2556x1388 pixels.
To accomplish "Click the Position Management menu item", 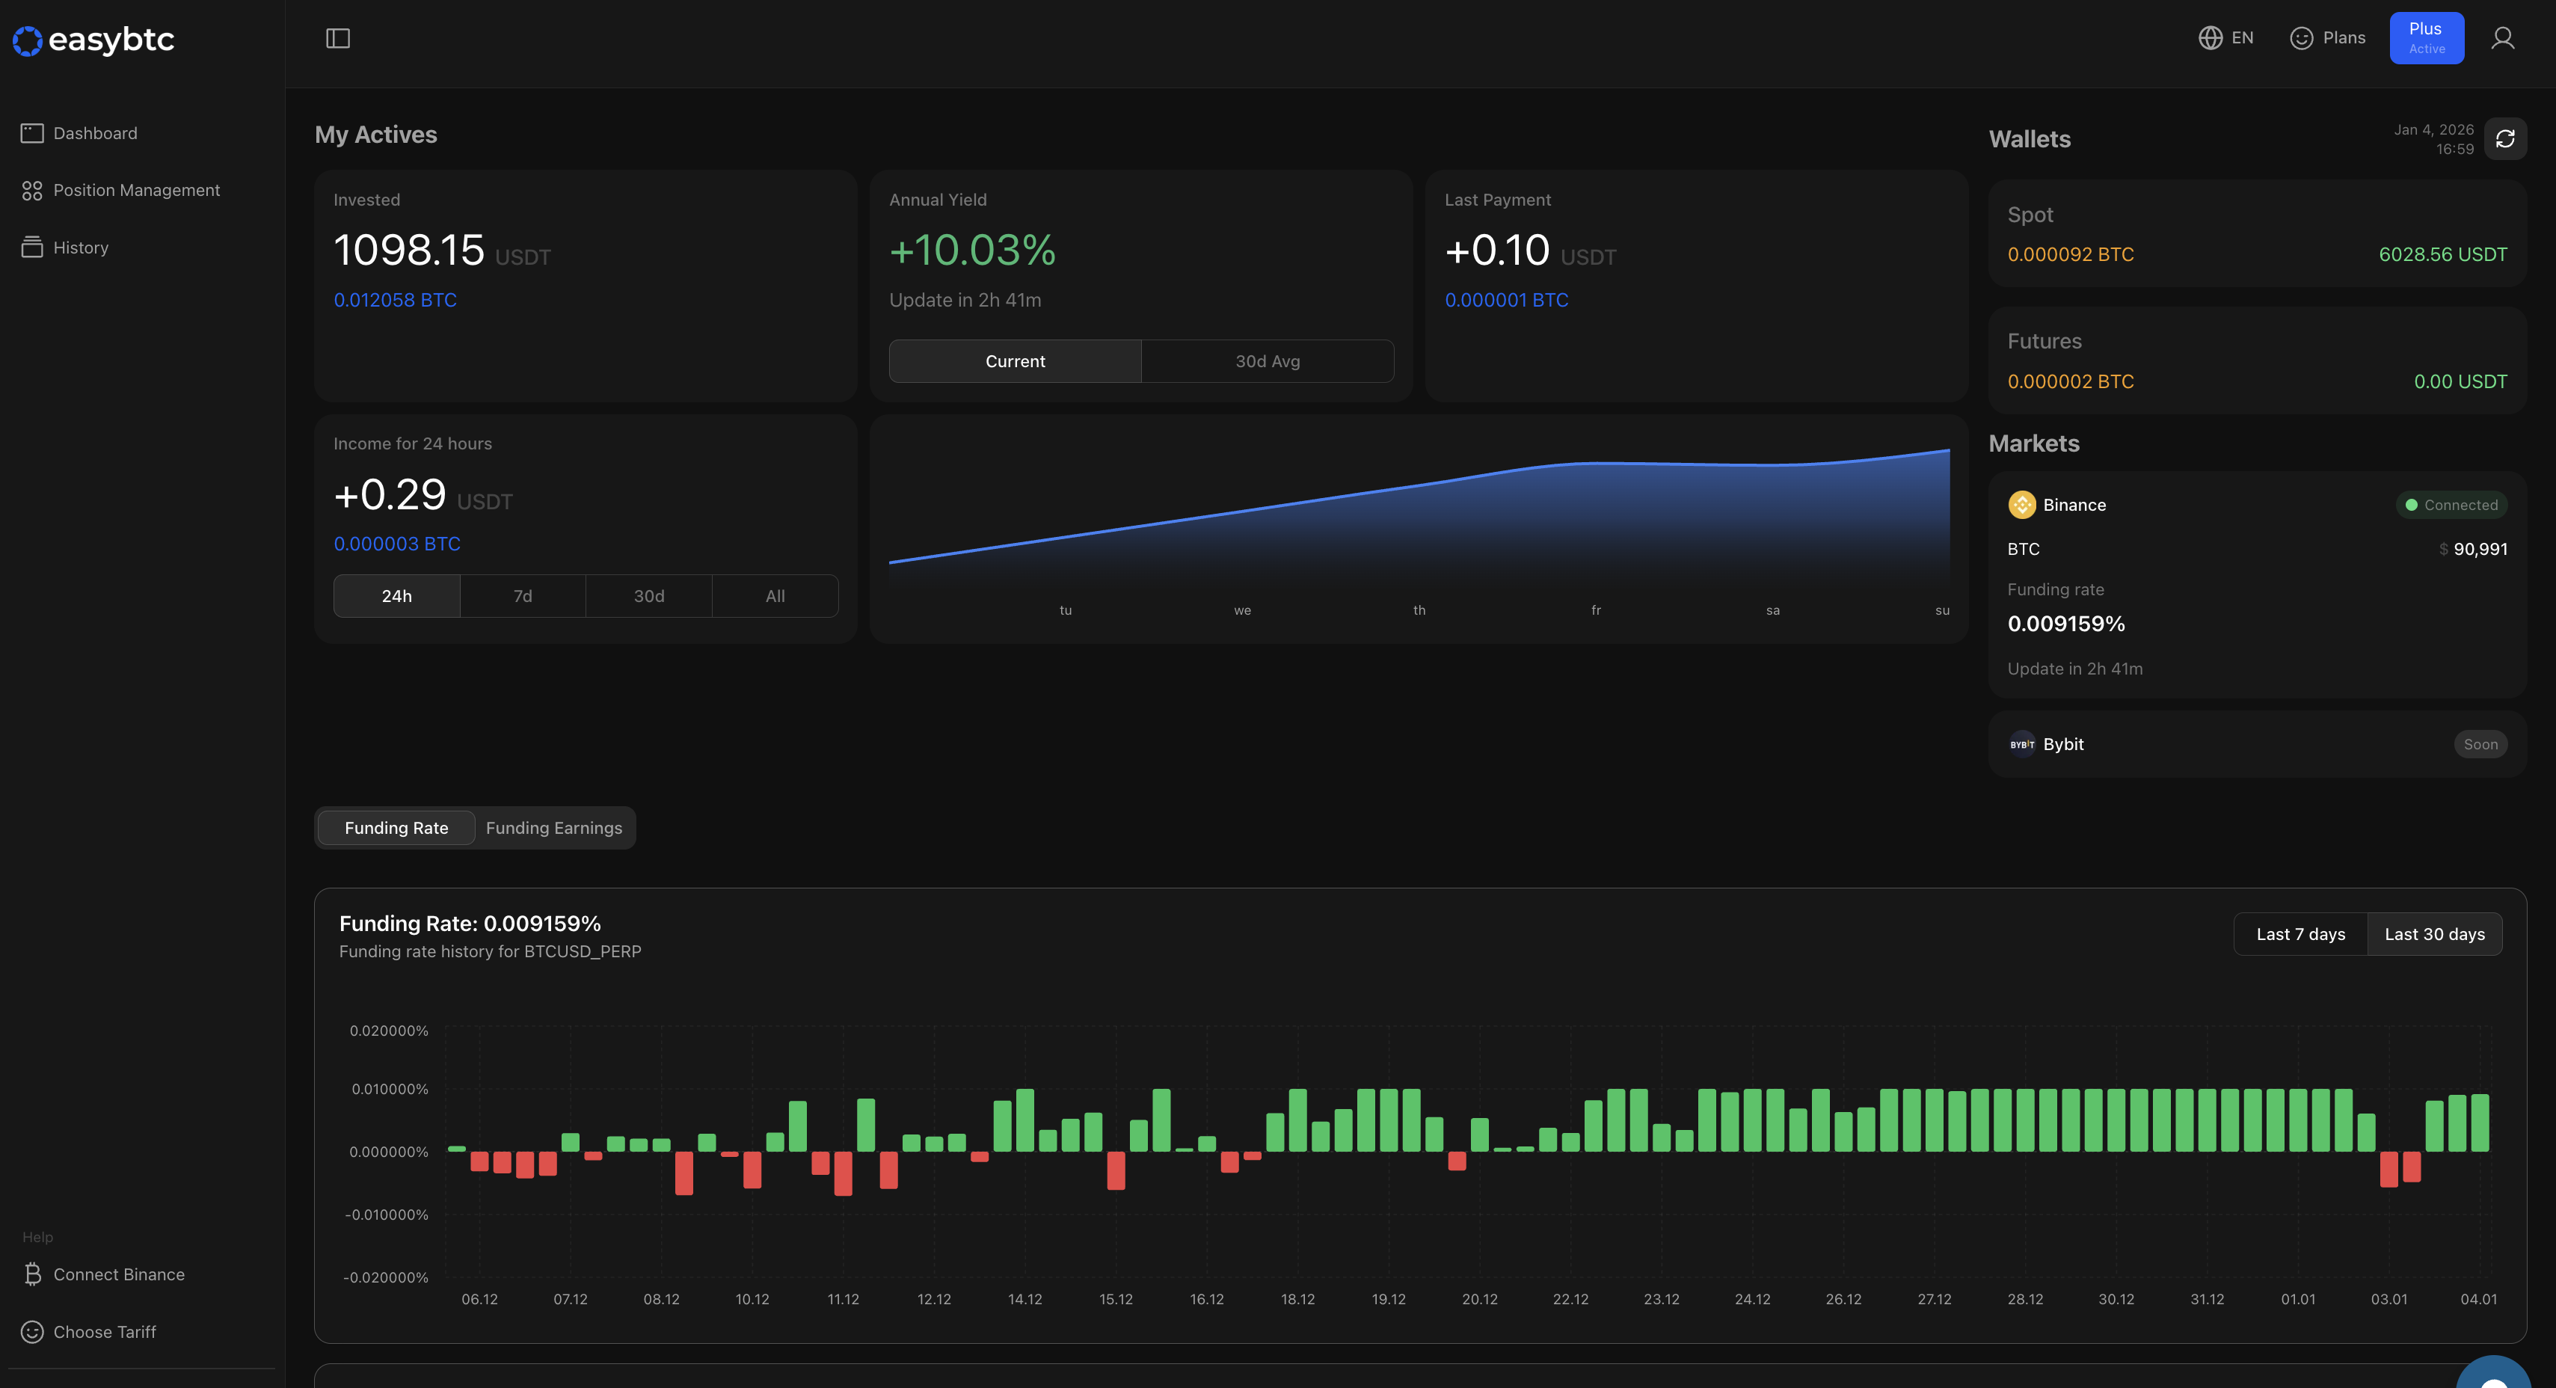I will click(136, 191).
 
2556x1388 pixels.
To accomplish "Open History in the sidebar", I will click(80, 248).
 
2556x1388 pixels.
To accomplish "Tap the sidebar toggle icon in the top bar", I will click(337, 39).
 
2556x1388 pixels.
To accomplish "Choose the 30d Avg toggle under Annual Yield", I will click(1266, 361).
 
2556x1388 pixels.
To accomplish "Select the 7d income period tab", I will click(522, 596).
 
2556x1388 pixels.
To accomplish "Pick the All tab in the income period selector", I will click(774, 596).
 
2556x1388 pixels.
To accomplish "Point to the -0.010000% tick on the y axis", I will click(387, 1214).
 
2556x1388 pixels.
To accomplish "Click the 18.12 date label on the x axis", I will click(1297, 1300).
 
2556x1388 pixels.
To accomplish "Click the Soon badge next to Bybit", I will click(2479, 744).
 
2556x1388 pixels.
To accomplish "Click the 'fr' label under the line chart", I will click(1596, 610).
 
